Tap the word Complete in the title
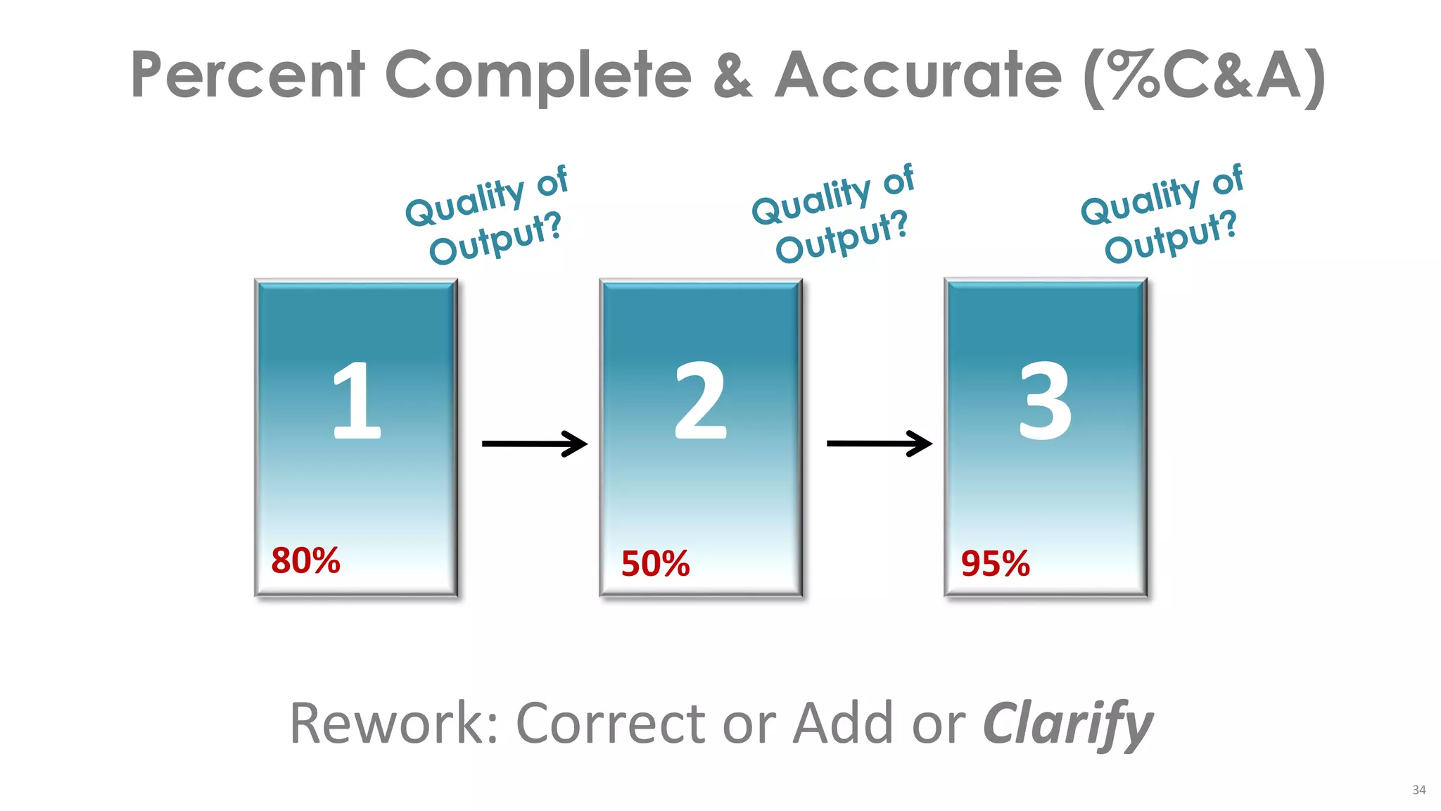coord(538,76)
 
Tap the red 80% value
coord(305,561)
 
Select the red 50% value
coord(655,564)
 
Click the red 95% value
coord(995,564)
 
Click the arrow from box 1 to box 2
coord(534,444)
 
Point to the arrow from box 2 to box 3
coord(879,444)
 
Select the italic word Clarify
coord(1067,724)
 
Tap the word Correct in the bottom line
coord(611,724)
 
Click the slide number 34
coord(1418,790)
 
